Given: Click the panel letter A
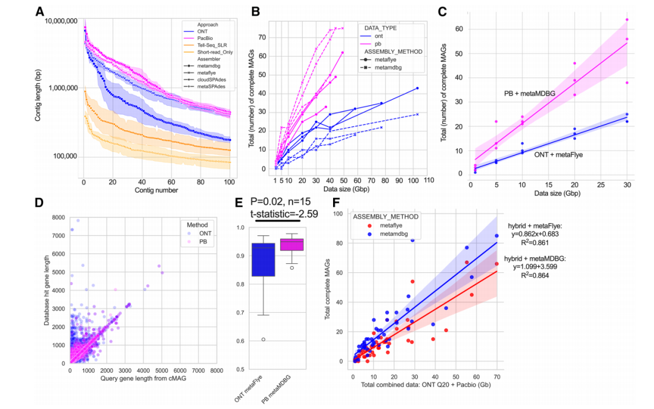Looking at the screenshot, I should [39, 11].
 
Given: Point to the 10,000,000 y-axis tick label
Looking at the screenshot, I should [61, 21].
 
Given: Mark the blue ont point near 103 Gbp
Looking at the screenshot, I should [417, 88].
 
